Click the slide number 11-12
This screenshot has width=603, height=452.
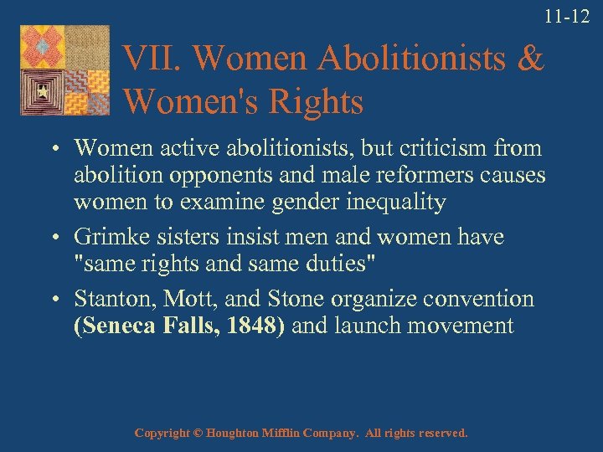click(x=567, y=16)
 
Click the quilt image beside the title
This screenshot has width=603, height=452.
click(x=66, y=70)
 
